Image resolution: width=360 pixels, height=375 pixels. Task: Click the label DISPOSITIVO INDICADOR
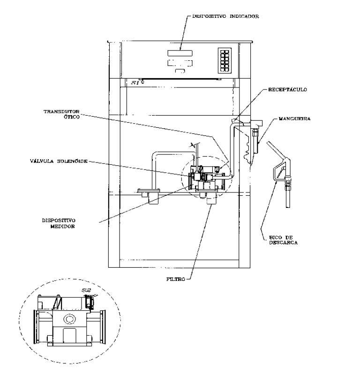[225, 16]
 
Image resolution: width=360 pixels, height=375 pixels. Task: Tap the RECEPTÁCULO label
[287, 90]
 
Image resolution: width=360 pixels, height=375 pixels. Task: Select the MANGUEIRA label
[295, 118]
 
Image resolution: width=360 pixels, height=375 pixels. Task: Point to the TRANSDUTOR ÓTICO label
[61, 114]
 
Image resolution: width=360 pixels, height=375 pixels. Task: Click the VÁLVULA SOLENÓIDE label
[59, 161]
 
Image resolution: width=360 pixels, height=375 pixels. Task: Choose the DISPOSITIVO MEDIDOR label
[59, 223]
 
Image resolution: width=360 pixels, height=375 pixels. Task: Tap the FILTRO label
[176, 279]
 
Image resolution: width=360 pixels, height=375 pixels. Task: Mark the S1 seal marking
[135, 83]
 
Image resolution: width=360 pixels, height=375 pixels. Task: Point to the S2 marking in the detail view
[86, 290]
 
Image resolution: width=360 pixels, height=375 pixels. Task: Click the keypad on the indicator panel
[225, 60]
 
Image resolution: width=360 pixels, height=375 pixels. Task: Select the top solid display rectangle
[180, 53]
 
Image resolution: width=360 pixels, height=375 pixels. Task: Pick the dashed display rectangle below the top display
[180, 63]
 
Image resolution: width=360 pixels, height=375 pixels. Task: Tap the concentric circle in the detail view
[69, 319]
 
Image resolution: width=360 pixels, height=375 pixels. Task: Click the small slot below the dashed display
[180, 71]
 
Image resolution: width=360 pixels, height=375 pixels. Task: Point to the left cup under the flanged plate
[153, 199]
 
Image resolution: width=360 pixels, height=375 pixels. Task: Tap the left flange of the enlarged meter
[36, 327]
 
